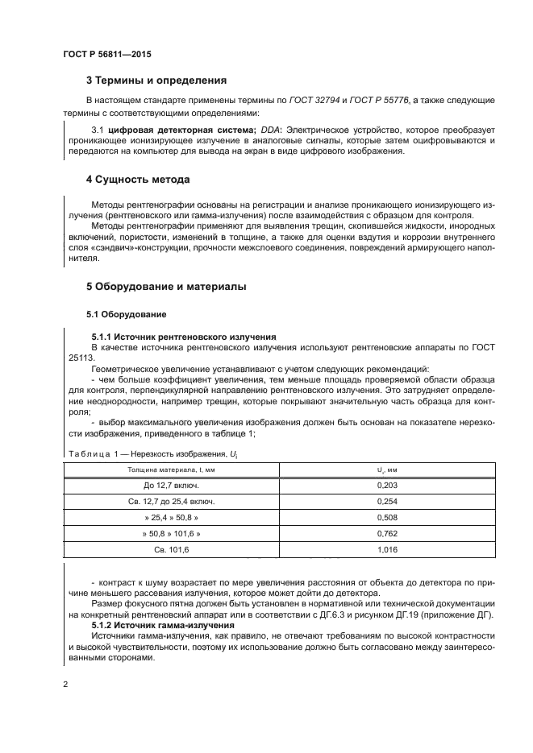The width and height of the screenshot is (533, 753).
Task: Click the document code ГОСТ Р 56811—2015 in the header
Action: tap(106, 54)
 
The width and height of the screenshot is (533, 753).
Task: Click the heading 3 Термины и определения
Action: tap(156, 81)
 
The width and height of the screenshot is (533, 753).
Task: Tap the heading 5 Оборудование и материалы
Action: tap(166, 287)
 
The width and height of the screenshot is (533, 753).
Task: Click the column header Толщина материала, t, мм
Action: tap(171, 469)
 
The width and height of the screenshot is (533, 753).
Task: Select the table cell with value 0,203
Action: tap(388, 486)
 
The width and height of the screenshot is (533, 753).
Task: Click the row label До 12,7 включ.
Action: tap(171, 486)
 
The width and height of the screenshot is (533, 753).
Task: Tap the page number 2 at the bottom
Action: tap(65, 685)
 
